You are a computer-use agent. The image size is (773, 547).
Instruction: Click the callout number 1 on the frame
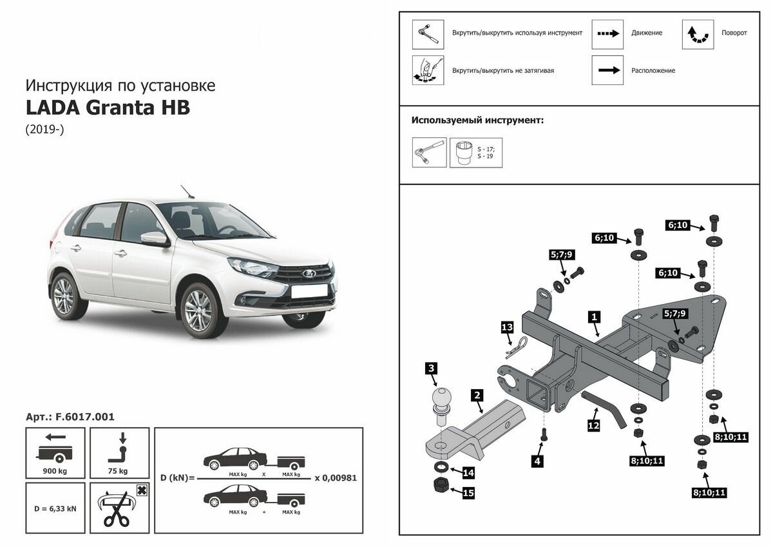[x=594, y=317]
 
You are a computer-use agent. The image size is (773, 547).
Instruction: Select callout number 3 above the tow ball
[x=432, y=369]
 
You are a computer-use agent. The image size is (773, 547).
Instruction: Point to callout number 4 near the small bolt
[x=537, y=461]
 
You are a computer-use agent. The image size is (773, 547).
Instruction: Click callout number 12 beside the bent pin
[x=594, y=425]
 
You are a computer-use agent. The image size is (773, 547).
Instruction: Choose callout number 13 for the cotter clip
[x=507, y=329]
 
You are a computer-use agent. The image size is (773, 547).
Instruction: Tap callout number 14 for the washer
[x=468, y=473]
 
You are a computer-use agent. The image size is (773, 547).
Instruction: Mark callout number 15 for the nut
[x=468, y=494]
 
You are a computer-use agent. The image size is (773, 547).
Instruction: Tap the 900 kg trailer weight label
[x=55, y=470]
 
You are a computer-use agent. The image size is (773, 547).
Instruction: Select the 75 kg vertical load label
[x=120, y=470]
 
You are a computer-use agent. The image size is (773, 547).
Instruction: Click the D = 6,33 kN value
[x=55, y=508]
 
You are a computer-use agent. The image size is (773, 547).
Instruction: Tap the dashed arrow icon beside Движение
[x=607, y=34]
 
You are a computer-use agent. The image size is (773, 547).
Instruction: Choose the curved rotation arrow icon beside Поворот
[x=698, y=34]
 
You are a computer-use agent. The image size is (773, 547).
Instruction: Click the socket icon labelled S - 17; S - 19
[x=464, y=153]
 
